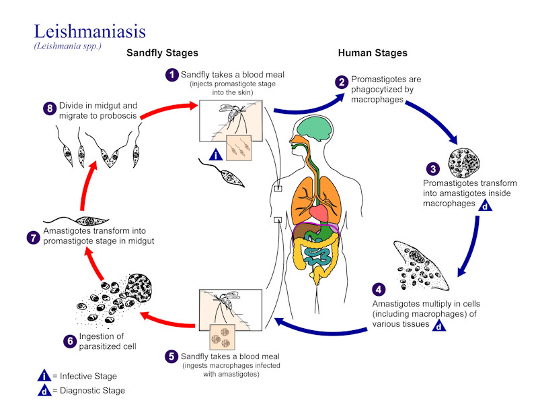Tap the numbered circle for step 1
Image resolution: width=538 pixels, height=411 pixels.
(173, 74)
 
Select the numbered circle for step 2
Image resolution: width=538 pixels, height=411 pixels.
(342, 82)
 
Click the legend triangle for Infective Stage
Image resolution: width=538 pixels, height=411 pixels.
(44, 376)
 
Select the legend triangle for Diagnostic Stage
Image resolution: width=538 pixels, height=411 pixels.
(44, 390)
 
